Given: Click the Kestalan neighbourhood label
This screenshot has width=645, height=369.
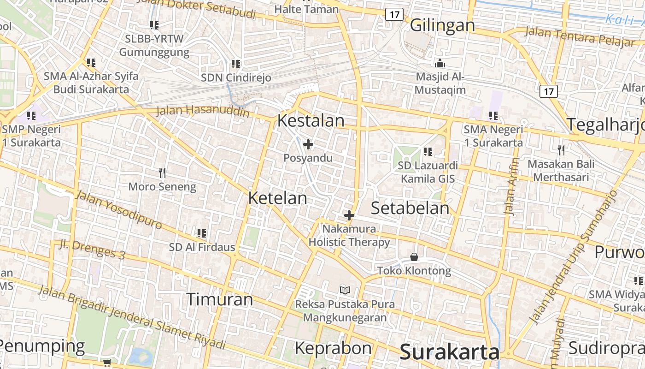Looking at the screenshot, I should [x=311, y=121].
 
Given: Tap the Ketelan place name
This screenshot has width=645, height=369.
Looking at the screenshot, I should [x=277, y=198].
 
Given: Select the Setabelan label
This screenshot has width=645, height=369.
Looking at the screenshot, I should [x=410, y=208].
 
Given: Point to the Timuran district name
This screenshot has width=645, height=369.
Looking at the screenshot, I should [x=220, y=299].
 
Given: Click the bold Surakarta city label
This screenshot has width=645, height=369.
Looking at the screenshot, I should [x=449, y=352].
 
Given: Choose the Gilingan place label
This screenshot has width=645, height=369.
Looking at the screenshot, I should [x=442, y=25].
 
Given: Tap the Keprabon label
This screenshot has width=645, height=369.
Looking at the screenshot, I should [x=333, y=348].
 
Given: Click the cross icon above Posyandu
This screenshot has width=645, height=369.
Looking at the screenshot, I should [x=308, y=145].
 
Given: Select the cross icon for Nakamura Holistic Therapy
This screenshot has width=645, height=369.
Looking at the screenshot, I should [x=349, y=215].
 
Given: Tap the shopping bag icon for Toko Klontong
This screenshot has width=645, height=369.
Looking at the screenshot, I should [x=414, y=257].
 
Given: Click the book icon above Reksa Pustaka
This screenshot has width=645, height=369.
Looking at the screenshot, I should [x=345, y=290].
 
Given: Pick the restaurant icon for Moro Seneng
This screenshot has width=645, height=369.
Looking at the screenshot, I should [x=162, y=173].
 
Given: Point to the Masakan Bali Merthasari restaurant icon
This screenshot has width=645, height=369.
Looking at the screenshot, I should [x=561, y=150].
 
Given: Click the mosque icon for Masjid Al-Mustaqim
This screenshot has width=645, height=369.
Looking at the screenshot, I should [x=440, y=63].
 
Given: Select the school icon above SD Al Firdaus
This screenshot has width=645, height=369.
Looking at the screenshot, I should [x=201, y=233].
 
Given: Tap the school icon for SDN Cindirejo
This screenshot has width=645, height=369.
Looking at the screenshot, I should [x=235, y=64].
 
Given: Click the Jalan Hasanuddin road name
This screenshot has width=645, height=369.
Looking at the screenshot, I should [x=203, y=111].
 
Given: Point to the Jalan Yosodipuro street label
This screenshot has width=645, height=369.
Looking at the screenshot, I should [x=118, y=209].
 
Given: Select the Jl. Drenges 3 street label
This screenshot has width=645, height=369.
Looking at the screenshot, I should [x=92, y=249].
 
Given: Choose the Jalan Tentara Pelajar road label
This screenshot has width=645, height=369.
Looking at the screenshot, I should [x=580, y=37].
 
